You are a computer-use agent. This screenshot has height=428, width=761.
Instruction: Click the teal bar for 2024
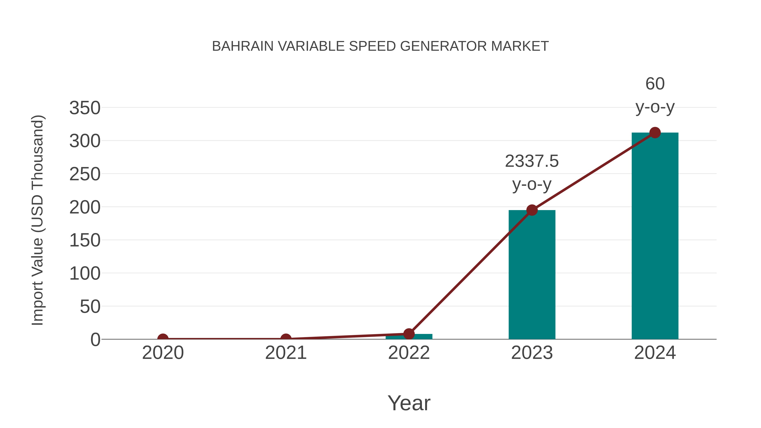click(655, 236)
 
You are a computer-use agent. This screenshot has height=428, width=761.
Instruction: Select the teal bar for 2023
click(532, 275)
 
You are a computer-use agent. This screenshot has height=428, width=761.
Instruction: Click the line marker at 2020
click(163, 339)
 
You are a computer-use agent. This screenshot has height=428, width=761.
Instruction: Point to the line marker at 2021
click(286, 339)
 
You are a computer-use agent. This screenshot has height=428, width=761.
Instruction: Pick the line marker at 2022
click(409, 334)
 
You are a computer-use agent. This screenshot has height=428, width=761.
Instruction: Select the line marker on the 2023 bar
click(532, 210)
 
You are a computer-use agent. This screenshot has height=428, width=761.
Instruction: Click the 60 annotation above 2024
click(655, 84)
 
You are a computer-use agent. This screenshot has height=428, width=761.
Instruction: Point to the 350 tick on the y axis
click(85, 108)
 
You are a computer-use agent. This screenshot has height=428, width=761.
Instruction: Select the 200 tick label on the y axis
click(85, 207)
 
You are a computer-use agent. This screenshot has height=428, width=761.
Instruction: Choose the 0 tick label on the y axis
click(95, 340)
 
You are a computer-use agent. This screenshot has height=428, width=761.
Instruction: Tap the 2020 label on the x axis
click(163, 353)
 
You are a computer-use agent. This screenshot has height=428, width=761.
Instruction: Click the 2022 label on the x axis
click(409, 353)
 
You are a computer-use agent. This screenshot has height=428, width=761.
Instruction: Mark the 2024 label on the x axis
click(655, 353)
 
